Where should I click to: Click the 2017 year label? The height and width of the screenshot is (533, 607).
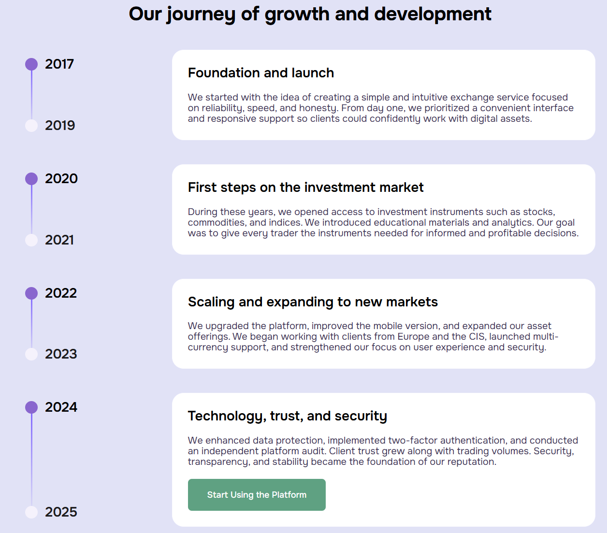pyautogui.click(x=59, y=64)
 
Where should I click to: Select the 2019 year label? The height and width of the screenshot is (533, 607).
pyautogui.click(x=60, y=125)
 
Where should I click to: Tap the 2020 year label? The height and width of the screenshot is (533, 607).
pyautogui.click(x=61, y=179)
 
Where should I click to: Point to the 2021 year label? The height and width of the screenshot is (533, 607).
pyautogui.click(x=59, y=240)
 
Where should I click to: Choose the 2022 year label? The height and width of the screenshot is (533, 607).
pyautogui.click(x=61, y=293)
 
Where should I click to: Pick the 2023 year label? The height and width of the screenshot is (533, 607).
pyautogui.click(x=61, y=354)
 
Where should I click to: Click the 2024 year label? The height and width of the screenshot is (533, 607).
pyautogui.click(x=61, y=407)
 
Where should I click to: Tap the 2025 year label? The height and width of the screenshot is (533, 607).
pyautogui.click(x=61, y=512)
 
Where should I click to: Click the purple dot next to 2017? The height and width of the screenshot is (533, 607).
pyautogui.click(x=31, y=64)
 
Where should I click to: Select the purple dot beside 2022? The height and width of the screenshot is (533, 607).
pyautogui.click(x=31, y=293)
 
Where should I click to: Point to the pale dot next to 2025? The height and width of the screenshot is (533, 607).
pyautogui.click(x=31, y=512)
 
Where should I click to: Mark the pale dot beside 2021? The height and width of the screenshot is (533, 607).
pyautogui.click(x=31, y=240)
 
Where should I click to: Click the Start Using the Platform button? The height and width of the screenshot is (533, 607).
pyautogui.click(x=257, y=495)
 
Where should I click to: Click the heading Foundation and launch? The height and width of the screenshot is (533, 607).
pyautogui.click(x=260, y=73)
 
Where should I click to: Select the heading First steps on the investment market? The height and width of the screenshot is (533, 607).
pyautogui.click(x=305, y=187)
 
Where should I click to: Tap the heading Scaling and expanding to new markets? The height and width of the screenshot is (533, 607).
pyautogui.click(x=313, y=302)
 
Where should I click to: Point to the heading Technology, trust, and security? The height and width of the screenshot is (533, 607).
pyautogui.click(x=288, y=416)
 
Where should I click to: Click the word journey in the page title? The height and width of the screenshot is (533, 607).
pyautogui.click(x=201, y=14)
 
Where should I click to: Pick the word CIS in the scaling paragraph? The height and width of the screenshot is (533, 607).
pyautogui.click(x=477, y=336)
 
